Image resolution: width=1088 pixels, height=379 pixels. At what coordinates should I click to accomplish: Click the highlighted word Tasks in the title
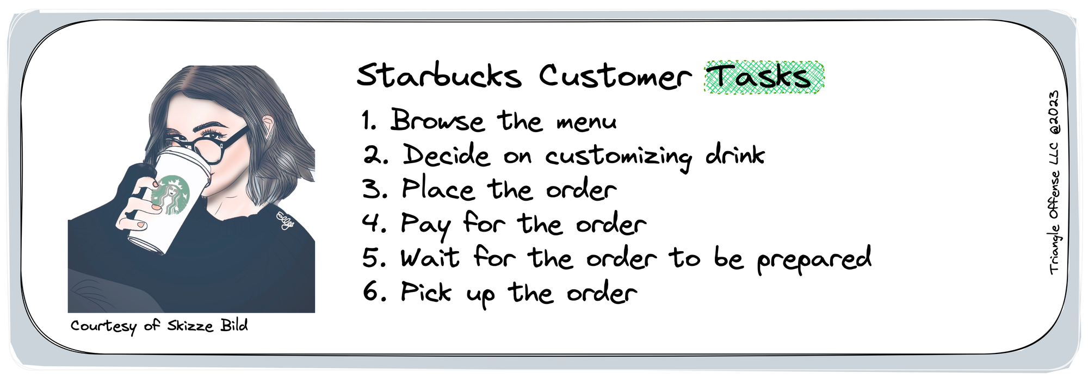(x=763, y=77)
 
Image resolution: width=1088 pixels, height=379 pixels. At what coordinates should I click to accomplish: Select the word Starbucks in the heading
(x=438, y=76)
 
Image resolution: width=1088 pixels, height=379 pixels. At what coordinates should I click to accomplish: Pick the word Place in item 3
(x=438, y=189)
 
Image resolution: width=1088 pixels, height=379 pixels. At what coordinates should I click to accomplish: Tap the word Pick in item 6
(x=426, y=292)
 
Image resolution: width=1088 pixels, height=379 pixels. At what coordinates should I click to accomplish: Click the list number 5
(x=374, y=258)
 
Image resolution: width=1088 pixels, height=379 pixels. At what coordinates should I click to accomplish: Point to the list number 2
(x=375, y=156)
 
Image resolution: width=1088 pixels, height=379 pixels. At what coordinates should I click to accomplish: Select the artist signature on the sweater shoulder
(x=286, y=220)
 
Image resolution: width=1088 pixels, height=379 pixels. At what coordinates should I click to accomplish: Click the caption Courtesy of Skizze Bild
(x=159, y=326)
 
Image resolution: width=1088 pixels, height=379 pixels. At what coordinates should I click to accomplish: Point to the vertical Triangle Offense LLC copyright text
(x=1054, y=183)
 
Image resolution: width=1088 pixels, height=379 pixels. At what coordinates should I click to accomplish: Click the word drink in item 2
(x=735, y=154)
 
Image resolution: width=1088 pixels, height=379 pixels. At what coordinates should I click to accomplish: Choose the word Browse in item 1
(x=437, y=120)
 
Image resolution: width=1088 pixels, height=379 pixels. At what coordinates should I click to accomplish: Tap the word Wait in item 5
(x=430, y=258)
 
